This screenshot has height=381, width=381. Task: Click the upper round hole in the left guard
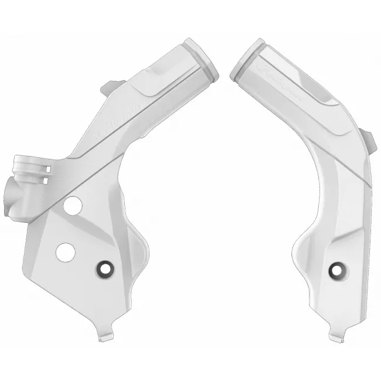[73, 206]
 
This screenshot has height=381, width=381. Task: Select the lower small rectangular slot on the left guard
[46, 181]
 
